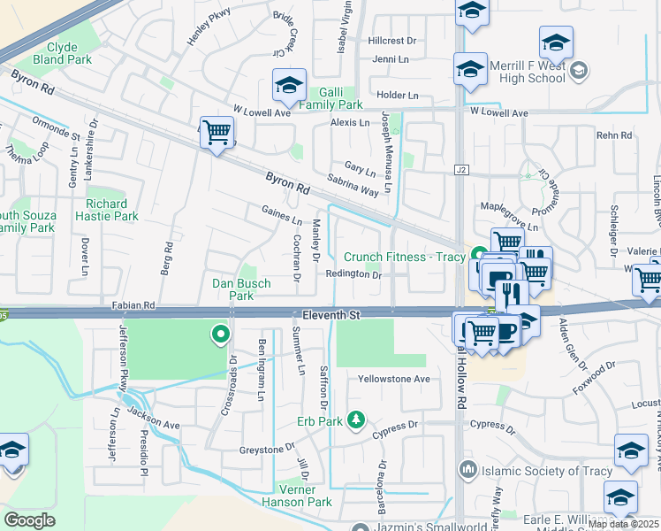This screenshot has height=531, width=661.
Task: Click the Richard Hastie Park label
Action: pos(112,209)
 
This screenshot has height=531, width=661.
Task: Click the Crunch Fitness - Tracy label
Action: pos(403,257)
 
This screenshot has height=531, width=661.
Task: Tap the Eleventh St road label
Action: pos(331,314)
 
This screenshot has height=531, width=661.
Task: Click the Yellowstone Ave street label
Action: pos(393,379)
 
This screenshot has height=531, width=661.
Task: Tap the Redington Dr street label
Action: pos(353,275)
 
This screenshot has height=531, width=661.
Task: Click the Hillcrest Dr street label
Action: pos(391,41)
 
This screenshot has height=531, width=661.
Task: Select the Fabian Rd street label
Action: pos(133,304)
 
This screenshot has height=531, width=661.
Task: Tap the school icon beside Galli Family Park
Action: pos(289,86)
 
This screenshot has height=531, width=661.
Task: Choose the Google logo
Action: pos(29,520)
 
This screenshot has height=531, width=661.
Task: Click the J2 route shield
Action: pos(460,169)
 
